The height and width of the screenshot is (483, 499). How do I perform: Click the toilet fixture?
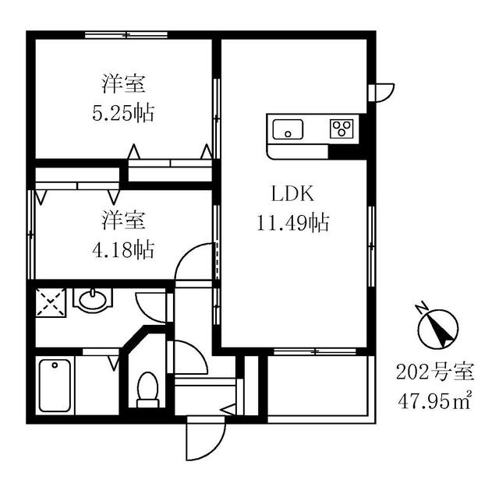pos(147,390)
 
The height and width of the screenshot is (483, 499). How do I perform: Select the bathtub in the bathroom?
pos(55,386)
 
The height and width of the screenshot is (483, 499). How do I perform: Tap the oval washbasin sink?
pos(93,300)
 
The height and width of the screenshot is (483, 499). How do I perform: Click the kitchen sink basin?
pos(288,129)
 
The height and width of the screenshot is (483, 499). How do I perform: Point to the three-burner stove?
pos(342,129)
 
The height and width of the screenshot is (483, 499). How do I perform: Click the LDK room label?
pos(293,194)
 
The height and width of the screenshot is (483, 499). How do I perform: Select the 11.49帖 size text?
pos(293,223)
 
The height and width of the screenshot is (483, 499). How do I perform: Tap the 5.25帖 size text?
pos(123,113)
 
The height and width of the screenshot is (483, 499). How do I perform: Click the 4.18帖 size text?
pos(123,250)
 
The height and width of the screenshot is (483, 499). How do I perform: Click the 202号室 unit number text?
pos(435,372)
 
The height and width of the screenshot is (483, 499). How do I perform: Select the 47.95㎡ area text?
pos(435,402)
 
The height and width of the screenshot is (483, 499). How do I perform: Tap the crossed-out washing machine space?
pos(51,303)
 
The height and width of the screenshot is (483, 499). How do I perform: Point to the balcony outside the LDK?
pos(317,386)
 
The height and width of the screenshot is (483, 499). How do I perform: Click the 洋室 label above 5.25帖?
pos(123,84)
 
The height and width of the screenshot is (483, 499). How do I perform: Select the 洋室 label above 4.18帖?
pos(123,220)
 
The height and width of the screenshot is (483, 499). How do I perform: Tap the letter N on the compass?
pos(422,307)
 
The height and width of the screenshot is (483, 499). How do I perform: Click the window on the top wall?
pos(126,34)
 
